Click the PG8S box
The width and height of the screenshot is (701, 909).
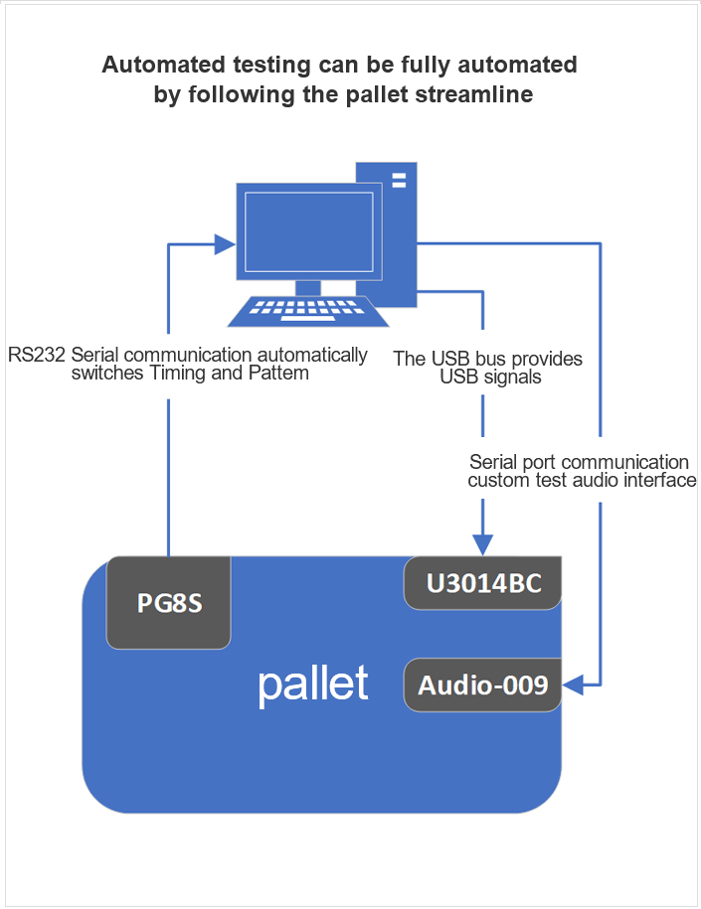[x=169, y=602]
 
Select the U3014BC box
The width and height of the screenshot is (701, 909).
[x=483, y=583]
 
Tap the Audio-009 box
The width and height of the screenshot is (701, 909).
[x=483, y=684]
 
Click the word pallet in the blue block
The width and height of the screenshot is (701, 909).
[x=313, y=683]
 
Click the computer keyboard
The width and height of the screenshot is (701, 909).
[x=308, y=311]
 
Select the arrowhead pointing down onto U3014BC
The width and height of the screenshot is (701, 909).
[x=482, y=543]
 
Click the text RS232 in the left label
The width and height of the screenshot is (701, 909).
[x=37, y=355]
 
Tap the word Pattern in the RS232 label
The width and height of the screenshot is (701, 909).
[x=280, y=375]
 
